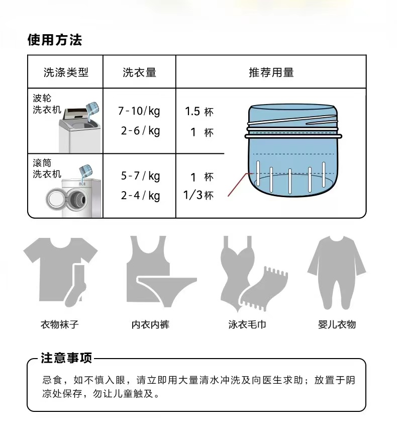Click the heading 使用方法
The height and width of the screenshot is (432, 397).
coord(54,40)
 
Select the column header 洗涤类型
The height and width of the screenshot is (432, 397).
coord(65,72)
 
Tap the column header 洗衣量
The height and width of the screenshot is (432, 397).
coord(139,72)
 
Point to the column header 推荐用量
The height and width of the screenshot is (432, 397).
coord(271,72)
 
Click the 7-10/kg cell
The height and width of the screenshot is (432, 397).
coord(139,111)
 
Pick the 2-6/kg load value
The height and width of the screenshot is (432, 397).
coord(140,131)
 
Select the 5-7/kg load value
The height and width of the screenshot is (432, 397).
coord(140,176)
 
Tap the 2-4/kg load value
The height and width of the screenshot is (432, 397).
coord(140,195)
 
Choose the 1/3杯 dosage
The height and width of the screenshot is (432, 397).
coord(198,195)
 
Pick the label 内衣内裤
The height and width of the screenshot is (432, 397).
coord(150,325)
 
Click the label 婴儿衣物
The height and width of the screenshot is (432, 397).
coord(337,325)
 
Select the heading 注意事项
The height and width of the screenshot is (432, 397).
coord(66,359)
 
